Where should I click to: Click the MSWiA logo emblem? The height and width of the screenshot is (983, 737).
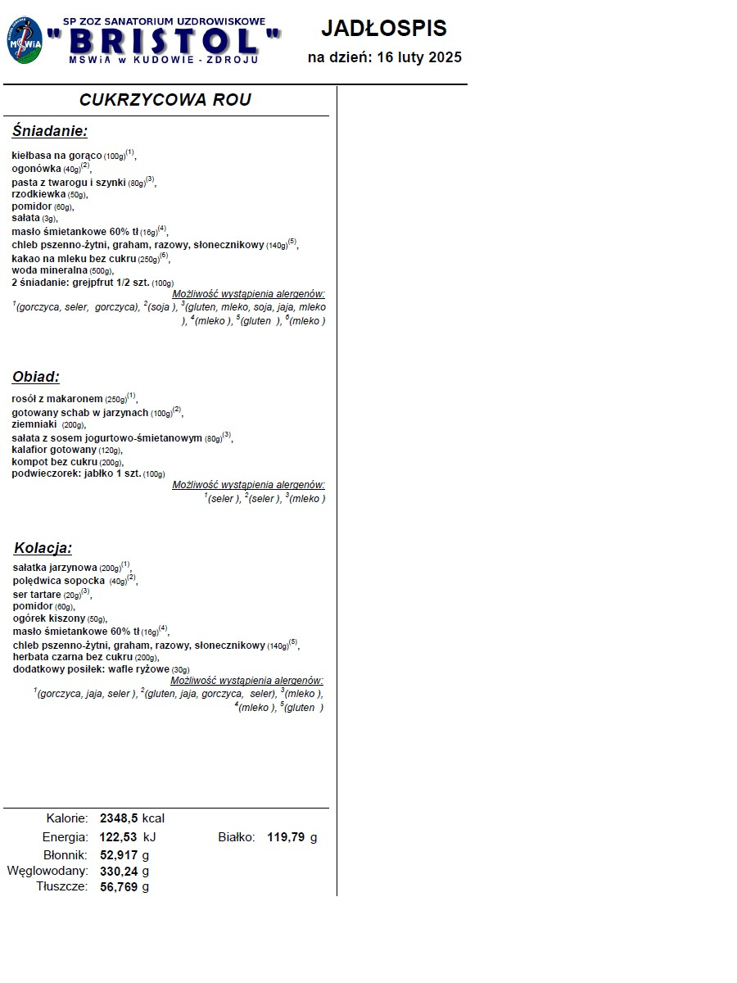click(x=25, y=41)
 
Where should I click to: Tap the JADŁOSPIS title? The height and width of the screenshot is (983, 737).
click(x=383, y=29)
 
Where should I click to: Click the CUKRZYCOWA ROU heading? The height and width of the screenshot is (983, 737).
click(x=165, y=100)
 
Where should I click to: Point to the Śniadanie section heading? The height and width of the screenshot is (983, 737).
click(x=49, y=131)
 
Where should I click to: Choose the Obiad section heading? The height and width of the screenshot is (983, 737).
click(x=36, y=377)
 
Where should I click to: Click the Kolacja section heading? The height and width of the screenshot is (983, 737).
click(x=43, y=548)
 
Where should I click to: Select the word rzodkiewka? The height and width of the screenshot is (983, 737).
click(x=38, y=193)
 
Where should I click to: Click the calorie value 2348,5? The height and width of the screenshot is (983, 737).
click(x=119, y=818)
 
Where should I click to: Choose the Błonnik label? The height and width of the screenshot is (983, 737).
click(x=66, y=855)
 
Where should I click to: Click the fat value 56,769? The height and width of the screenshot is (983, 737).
click(x=119, y=886)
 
